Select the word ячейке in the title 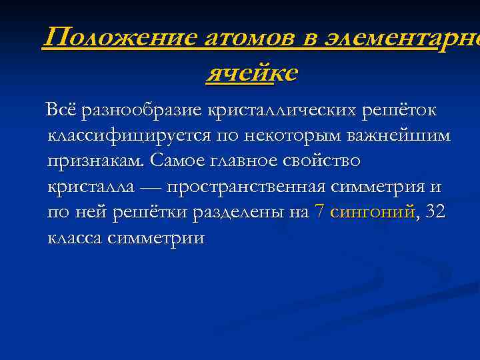[x=252, y=73]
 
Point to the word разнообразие [x=142, y=109]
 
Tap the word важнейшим [x=399, y=135]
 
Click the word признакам [x=96, y=161]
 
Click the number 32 [x=435, y=213]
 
